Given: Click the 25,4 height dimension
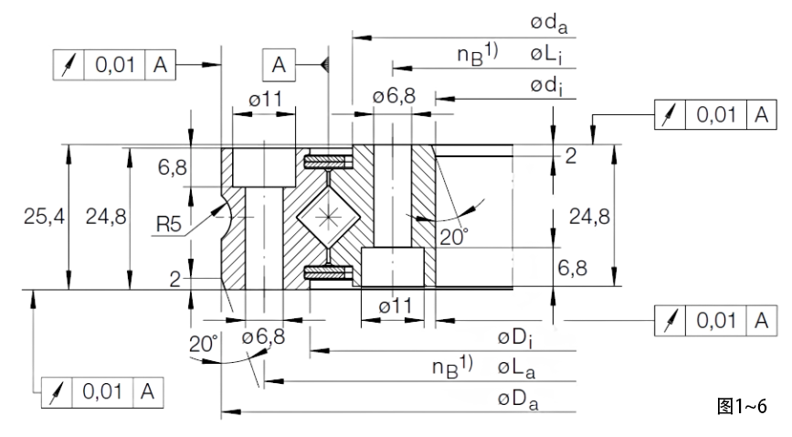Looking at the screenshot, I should click(42, 218).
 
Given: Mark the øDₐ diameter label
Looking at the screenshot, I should click(518, 399).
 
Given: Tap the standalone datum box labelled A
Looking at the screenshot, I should click(278, 65).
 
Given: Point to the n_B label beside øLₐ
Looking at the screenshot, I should click(452, 368).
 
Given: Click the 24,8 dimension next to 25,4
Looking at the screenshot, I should click(104, 218).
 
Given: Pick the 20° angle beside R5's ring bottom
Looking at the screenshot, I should click(204, 346).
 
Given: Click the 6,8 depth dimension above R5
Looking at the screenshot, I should click(172, 166).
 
